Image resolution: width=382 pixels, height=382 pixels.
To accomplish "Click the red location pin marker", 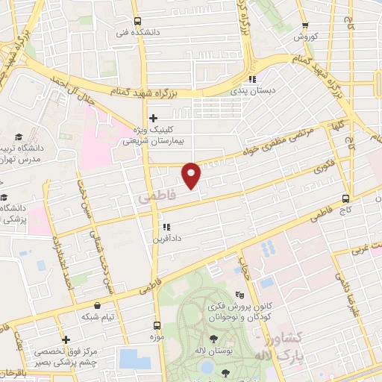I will (x=192, y=175).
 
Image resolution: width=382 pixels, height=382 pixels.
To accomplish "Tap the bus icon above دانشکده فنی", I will (x=137, y=21).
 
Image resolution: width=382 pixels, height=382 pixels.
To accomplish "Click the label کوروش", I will (x=307, y=36).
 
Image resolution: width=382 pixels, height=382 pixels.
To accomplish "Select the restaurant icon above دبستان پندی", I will (x=252, y=79).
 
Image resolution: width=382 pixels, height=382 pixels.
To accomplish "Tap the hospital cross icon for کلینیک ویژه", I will (x=153, y=117).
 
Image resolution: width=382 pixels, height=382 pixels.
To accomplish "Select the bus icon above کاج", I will (x=345, y=198).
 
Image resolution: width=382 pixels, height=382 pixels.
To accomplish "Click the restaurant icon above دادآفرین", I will (x=166, y=227).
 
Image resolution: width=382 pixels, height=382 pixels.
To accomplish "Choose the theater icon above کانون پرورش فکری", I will (x=239, y=295).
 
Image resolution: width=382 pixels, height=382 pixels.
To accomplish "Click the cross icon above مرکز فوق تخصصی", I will (x=66, y=339).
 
